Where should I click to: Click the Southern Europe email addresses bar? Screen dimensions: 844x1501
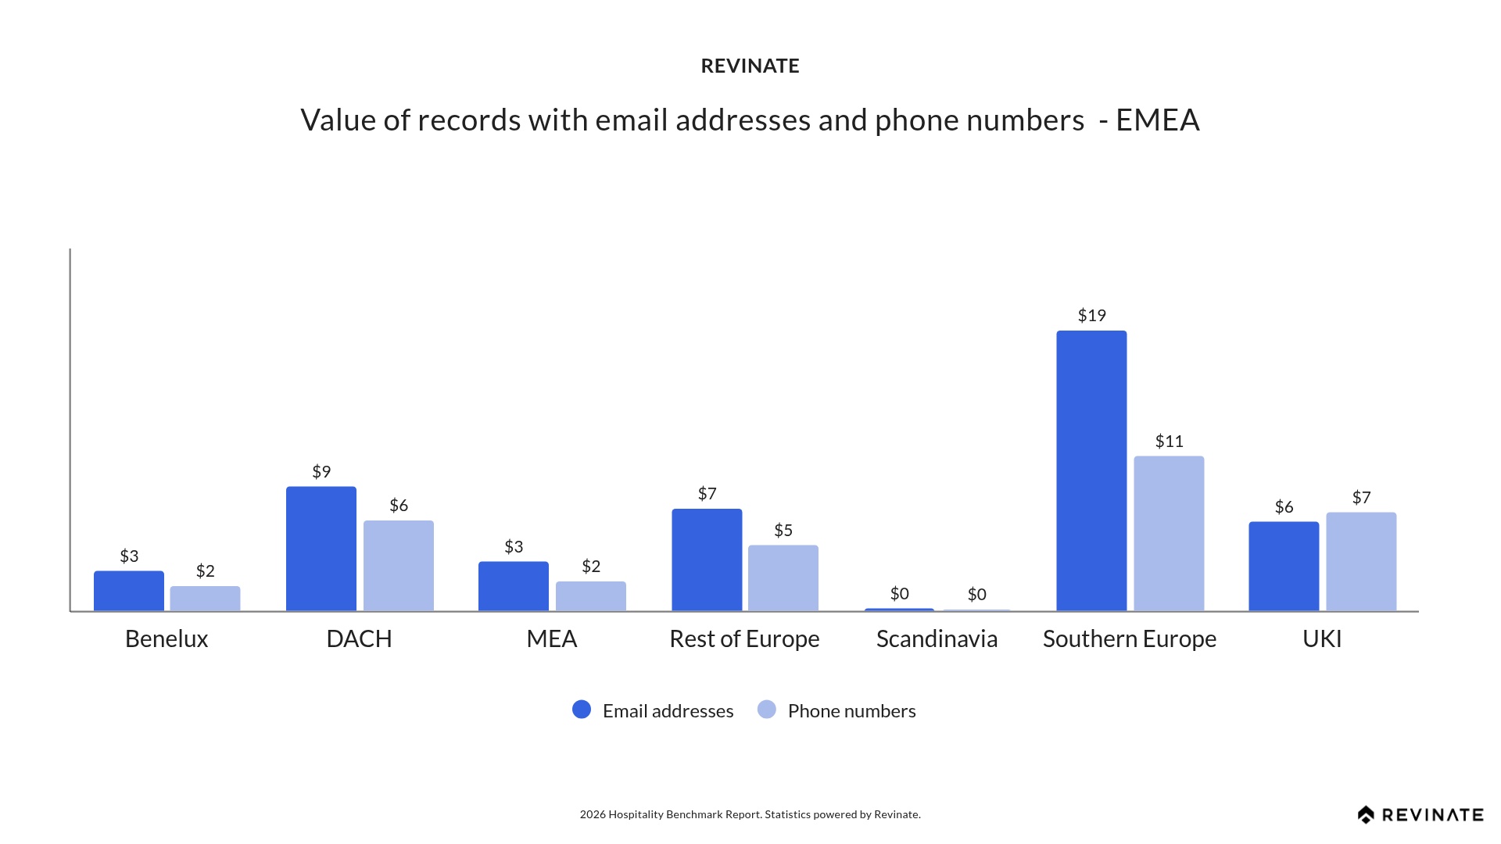(1091, 470)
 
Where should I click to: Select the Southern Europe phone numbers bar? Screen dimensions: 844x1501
(1169, 533)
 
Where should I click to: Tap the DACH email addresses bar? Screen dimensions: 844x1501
(321, 549)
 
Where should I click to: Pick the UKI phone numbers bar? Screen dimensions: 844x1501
(1361, 561)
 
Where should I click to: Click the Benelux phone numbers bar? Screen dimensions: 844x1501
(205, 599)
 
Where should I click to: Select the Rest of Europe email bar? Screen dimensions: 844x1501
(707, 560)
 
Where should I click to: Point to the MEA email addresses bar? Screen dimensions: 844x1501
(514, 586)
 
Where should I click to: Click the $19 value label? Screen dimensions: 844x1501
(1091, 316)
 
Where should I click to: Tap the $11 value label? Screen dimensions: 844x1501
(1169, 442)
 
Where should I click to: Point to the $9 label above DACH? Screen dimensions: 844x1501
(321, 472)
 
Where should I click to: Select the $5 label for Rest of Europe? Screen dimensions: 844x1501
(783, 531)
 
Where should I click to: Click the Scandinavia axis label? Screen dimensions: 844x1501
(937, 639)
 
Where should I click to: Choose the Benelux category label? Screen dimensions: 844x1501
(167, 639)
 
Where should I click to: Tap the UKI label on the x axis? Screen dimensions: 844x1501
(1322, 639)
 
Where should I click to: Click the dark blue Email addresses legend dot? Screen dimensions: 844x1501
(582, 710)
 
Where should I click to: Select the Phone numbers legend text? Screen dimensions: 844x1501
(851, 711)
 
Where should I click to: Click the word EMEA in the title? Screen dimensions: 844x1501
(1157, 120)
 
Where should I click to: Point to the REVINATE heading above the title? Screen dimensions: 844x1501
(750, 66)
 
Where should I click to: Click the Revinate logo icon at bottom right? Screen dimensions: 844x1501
(1366, 815)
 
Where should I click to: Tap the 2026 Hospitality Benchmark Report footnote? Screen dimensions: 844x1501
(750, 814)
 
